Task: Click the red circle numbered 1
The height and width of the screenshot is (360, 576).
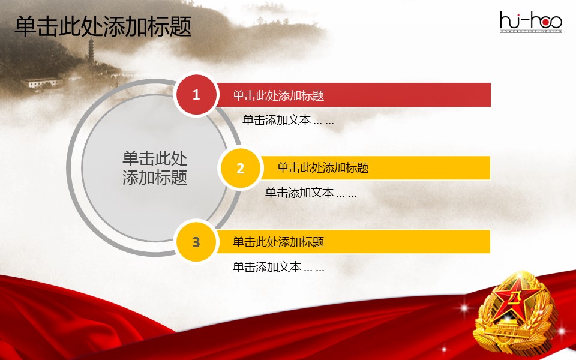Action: [x=196, y=94]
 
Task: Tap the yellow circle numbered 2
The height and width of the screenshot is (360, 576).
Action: [x=240, y=168]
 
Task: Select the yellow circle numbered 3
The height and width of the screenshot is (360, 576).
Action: [x=196, y=242]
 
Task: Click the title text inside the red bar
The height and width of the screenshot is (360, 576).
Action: [x=278, y=95]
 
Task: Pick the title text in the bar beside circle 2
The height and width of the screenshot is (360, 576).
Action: [x=323, y=168]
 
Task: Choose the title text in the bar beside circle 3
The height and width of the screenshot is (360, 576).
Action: [x=278, y=242]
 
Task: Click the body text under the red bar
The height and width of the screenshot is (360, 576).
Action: [x=288, y=120]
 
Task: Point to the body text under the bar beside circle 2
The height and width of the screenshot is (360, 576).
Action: [x=311, y=193]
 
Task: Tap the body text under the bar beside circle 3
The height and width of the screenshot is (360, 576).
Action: [x=278, y=266]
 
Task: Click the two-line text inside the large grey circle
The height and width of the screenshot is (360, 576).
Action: [x=155, y=168]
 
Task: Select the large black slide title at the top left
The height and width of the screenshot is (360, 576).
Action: [x=103, y=26]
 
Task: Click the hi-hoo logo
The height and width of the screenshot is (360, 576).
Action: [x=531, y=22]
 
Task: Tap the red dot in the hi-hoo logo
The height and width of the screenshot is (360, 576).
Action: [x=545, y=22]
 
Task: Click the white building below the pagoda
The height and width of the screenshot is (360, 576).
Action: [x=42, y=83]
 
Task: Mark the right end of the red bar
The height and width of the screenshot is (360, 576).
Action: [x=490, y=95]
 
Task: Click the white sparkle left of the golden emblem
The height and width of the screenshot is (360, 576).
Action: [x=463, y=308]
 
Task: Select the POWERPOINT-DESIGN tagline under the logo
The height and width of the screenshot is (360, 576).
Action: [x=531, y=32]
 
